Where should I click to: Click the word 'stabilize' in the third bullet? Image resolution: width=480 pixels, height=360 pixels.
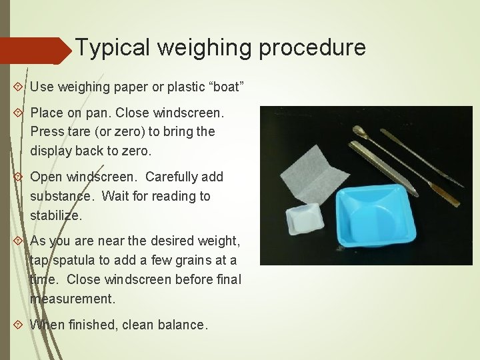click(x=55, y=215)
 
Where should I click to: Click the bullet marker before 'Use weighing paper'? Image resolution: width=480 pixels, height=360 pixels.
click(x=17, y=87)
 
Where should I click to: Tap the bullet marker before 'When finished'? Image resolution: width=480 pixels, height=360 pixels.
click(x=17, y=325)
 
